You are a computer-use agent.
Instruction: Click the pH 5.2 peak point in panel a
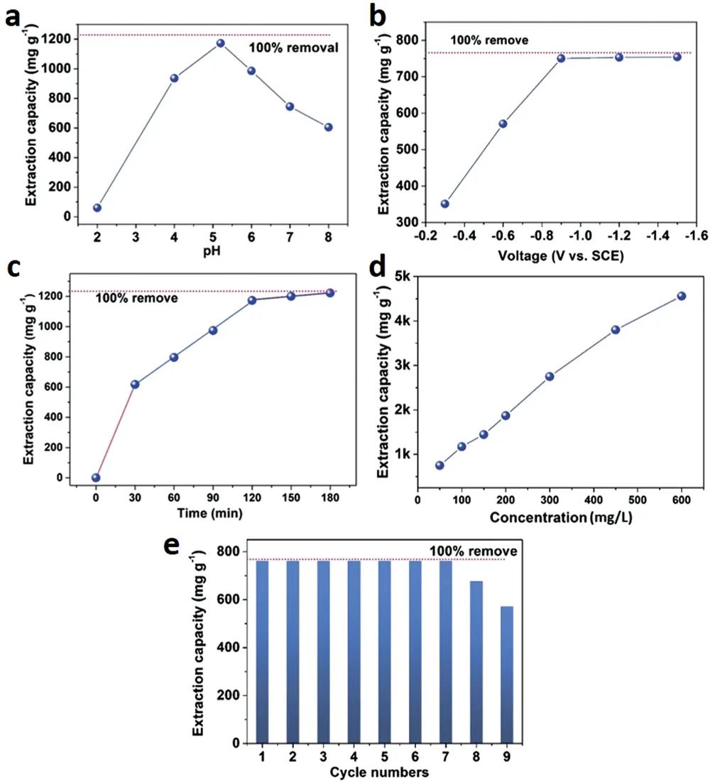coord(220,43)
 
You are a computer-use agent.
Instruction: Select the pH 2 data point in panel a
coord(97,208)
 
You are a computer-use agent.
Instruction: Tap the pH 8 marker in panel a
coord(328,128)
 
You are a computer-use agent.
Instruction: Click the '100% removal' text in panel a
coord(292,48)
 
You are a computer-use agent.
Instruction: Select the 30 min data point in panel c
coord(135,384)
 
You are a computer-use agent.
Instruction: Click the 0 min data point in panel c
coord(96,478)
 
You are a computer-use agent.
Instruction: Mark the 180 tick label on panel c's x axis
coord(329,497)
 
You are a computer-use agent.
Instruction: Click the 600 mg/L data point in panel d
coord(682,296)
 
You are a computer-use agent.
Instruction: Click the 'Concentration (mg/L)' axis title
coord(562,517)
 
